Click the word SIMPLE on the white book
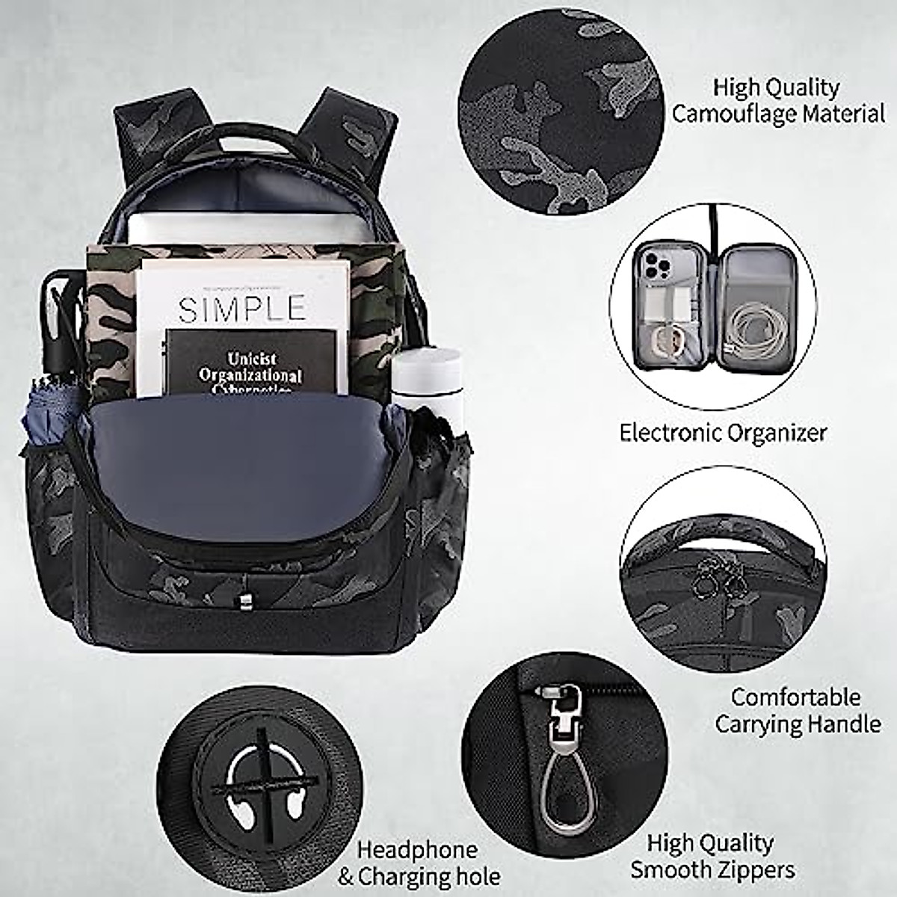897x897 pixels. [242, 308]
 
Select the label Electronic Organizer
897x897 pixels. [723, 432]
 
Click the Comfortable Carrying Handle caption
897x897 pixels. [797, 710]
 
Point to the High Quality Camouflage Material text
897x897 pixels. [777, 100]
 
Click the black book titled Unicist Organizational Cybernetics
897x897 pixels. [250, 362]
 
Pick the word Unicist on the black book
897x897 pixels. [251, 359]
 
